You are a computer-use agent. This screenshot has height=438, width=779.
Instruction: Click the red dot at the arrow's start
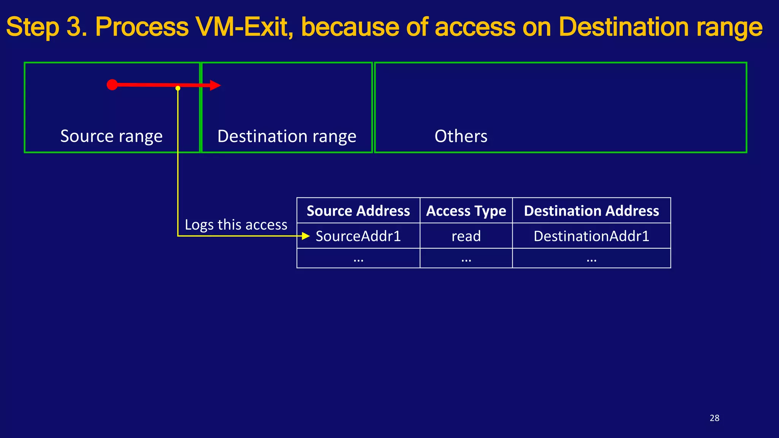pos(112,85)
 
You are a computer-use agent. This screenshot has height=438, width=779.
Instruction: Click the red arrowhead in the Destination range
pos(215,85)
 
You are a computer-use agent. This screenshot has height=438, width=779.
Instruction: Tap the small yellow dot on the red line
pos(178,88)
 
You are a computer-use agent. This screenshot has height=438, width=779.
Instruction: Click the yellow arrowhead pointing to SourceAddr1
pos(306,236)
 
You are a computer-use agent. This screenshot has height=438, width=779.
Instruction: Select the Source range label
pos(111,136)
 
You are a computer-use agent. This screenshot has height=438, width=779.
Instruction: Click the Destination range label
pos(287,136)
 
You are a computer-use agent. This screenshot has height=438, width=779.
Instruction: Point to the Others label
pos(461,136)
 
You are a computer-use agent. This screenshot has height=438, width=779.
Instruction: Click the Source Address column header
pos(358,211)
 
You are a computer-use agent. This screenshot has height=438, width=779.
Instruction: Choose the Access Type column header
pos(466,211)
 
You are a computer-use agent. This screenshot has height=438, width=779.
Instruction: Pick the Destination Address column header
pos(591,211)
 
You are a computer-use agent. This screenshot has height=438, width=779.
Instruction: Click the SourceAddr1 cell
pos(358,236)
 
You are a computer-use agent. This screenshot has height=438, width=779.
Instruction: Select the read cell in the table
pos(466,236)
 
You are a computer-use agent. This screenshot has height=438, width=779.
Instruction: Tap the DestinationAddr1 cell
pos(591,236)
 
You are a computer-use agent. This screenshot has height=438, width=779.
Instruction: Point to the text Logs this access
pos(236,225)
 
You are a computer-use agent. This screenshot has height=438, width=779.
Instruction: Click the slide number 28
pos(714,418)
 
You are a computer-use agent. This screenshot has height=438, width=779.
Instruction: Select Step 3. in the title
pos(47,27)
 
